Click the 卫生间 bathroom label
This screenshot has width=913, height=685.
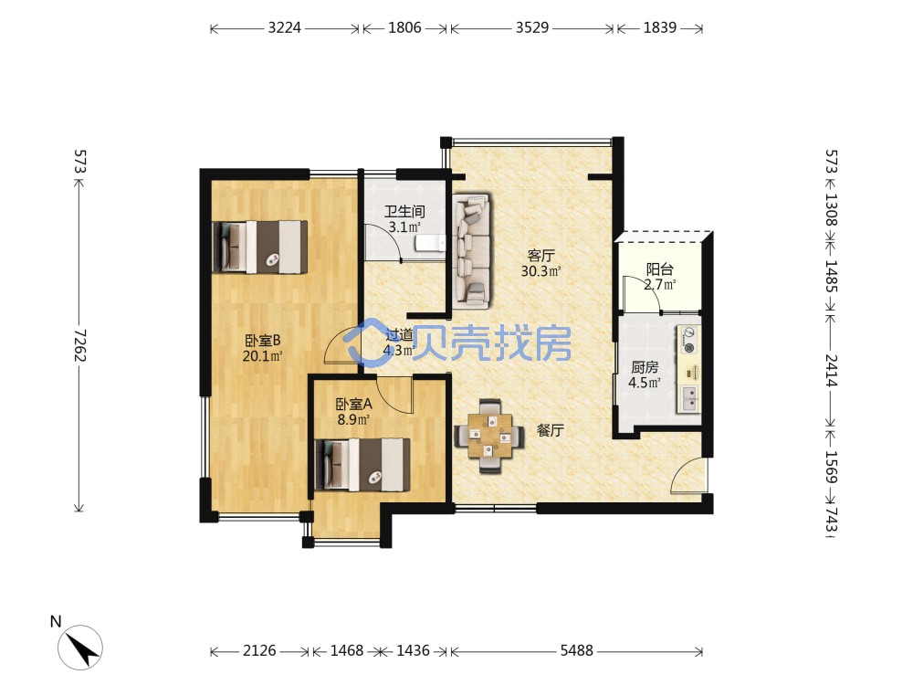404,212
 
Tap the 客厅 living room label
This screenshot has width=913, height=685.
540,256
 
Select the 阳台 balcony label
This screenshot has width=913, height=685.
660,269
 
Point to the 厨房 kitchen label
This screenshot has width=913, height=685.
645,367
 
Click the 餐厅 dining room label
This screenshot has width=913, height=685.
551,430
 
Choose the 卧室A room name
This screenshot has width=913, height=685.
354,404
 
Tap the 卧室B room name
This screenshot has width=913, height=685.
263,340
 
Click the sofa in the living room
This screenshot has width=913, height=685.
472,250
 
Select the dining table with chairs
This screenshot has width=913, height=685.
489,436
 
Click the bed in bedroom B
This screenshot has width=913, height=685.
259,247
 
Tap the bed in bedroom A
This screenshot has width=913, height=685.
362,465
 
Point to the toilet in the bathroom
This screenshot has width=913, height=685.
431,242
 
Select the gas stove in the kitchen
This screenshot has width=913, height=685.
689,340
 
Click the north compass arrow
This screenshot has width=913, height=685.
81,647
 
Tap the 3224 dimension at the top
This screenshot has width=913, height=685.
284,27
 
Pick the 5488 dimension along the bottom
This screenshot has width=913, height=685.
576,650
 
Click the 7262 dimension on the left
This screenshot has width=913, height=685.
79,345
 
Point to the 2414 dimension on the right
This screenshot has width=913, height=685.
831,371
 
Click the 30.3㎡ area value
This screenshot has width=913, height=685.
540,271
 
